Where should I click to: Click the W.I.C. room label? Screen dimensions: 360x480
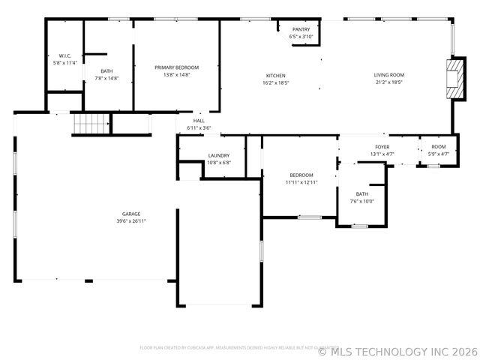point(64,56)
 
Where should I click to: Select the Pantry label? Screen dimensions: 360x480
point(306,29)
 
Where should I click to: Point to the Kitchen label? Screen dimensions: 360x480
point(276,76)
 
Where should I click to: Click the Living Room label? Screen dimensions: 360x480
point(389,75)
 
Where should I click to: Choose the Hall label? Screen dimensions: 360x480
point(199,121)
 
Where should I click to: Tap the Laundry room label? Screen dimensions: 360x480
point(219,155)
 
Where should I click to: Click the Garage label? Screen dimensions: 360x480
point(131,214)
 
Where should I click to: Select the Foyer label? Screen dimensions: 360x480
point(382,147)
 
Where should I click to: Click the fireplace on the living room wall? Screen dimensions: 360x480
point(454,77)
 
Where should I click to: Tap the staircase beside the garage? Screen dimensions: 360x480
point(91,124)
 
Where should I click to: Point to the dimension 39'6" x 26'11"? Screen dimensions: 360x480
point(131,221)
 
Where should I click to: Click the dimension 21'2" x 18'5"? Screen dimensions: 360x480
point(389,82)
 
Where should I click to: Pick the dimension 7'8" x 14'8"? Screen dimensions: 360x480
point(107,78)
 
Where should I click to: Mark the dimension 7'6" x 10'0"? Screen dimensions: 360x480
point(362,201)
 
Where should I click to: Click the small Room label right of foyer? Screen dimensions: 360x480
point(438,147)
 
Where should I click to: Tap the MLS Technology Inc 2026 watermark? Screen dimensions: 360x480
point(397,350)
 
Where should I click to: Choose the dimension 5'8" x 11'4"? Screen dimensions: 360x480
point(64,64)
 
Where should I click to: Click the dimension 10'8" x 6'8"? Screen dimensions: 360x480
point(219,163)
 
